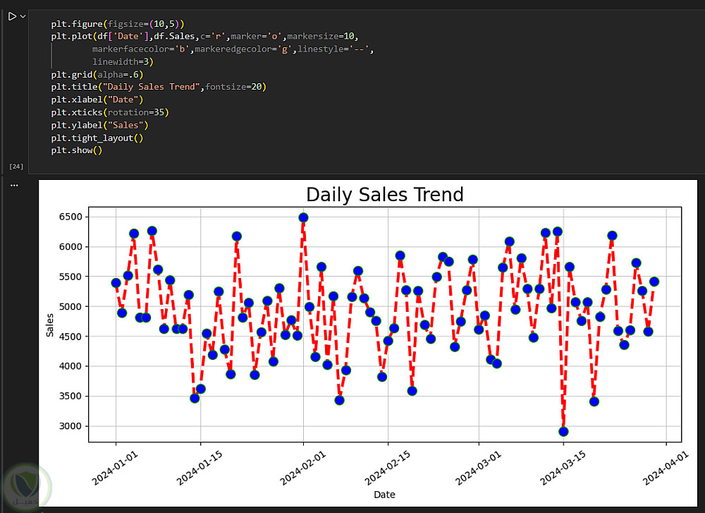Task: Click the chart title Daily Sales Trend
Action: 384,195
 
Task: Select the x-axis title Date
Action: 384,495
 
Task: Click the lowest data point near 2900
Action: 563,432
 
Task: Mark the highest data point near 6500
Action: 303,217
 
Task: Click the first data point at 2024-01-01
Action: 116,283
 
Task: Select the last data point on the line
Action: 654,282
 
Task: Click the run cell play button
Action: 12,16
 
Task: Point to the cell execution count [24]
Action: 16,167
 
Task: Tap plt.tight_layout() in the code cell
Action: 97,138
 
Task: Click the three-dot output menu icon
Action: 14,186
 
